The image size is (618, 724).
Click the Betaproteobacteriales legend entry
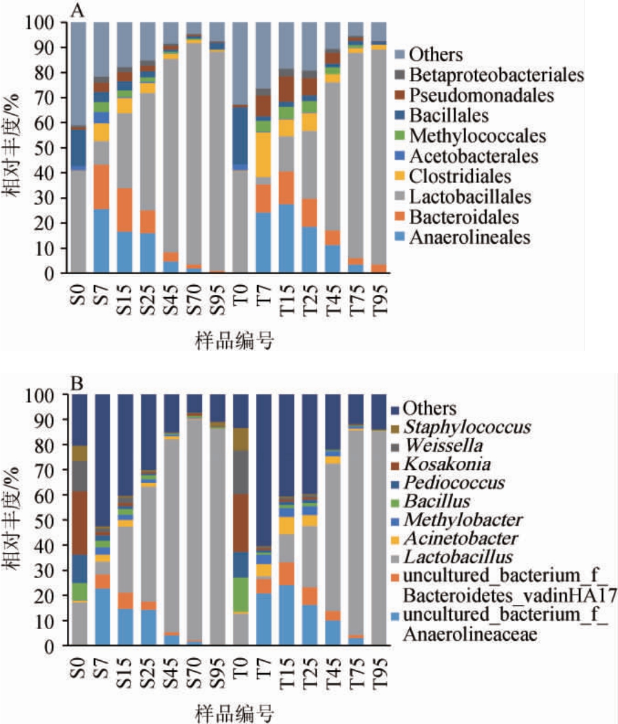496,75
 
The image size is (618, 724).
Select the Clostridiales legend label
459,176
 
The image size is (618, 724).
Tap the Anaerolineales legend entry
469,237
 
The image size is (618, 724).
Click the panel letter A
77,9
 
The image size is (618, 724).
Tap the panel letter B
77,384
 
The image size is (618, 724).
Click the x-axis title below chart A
234,341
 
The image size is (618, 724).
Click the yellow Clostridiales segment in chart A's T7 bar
263,154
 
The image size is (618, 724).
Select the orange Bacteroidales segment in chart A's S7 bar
102,187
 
